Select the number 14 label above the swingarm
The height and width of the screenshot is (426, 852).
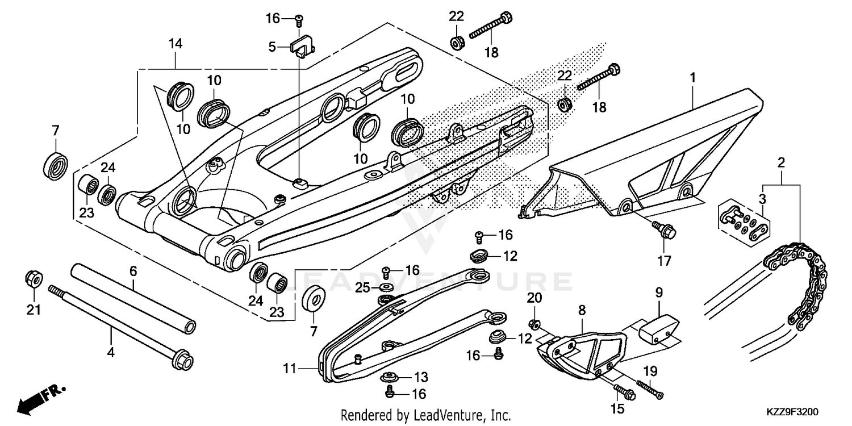176,43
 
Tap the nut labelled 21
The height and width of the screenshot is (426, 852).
34,279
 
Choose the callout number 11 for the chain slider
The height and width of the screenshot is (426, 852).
290,369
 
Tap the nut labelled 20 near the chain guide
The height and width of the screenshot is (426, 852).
534,324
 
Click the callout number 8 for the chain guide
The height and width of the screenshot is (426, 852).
582,310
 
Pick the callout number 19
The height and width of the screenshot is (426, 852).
650,371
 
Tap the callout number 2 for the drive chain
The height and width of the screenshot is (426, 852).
781,163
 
